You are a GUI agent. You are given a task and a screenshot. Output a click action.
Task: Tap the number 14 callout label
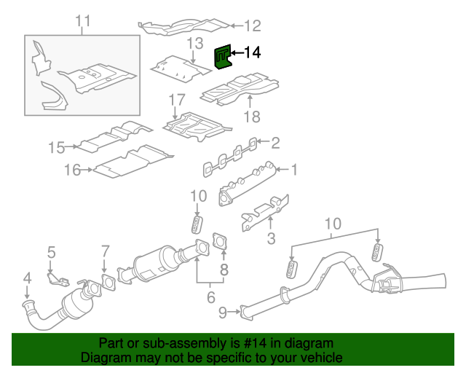tap(251, 52)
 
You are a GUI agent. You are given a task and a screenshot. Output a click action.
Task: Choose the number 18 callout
tap(250, 117)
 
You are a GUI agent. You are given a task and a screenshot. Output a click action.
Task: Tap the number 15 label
tap(57, 148)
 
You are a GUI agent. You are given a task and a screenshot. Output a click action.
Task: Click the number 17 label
tap(177, 99)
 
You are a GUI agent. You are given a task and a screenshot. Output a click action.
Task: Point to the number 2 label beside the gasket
tap(275, 141)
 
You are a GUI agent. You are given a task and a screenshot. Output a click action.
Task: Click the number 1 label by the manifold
tap(295, 170)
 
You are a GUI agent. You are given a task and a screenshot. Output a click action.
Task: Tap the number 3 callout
tap(271, 238)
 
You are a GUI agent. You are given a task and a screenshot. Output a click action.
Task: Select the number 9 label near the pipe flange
tap(222, 313)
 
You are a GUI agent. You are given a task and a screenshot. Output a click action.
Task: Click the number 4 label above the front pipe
tap(27, 278)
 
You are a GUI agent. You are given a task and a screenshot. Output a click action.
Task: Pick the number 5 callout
tap(51, 253)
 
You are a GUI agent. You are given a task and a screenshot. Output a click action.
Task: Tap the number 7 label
tap(105, 251)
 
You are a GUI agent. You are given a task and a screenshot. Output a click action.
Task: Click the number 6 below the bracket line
tap(211, 297)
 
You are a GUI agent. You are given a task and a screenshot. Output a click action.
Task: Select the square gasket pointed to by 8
tap(218, 240)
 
